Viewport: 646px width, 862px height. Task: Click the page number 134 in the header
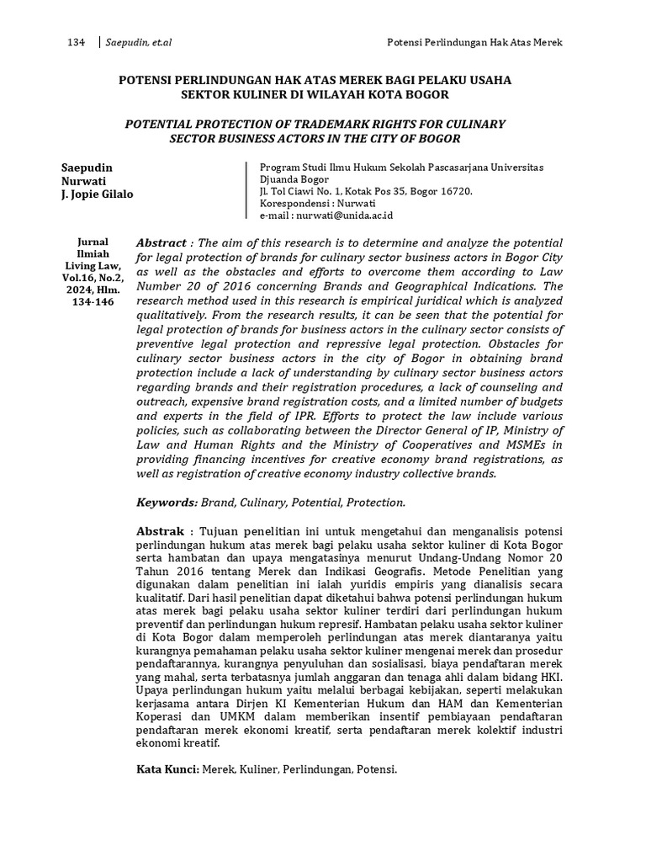[x=76, y=42]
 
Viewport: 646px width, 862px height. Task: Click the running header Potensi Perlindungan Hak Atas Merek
[x=474, y=42]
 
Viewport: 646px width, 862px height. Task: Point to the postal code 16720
[x=455, y=191]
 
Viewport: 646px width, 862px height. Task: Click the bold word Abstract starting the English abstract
[x=161, y=242]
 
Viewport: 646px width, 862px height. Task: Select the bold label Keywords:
[x=167, y=503]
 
